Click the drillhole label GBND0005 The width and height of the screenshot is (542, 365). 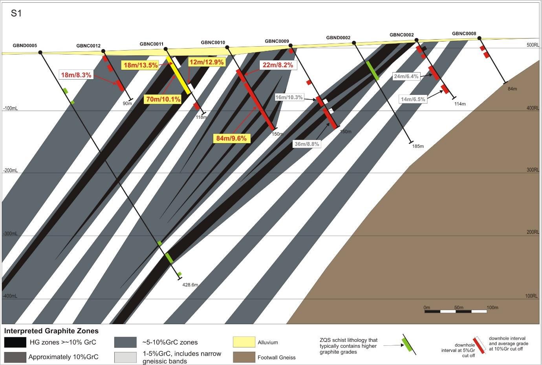(25, 45)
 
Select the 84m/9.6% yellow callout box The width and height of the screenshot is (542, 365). (232, 138)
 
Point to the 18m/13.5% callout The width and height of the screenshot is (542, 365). (141, 65)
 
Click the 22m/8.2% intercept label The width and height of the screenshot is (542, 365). (278, 65)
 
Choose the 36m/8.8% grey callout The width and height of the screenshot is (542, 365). (307, 144)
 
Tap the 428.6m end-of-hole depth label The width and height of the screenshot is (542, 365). (190, 285)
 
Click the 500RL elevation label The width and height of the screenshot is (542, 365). (533, 45)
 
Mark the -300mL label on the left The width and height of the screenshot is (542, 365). (10, 234)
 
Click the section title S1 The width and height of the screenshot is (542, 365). (16, 13)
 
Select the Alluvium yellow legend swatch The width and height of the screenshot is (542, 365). (244, 342)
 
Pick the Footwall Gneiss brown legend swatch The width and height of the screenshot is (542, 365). (244, 357)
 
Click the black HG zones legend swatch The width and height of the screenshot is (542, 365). (15, 342)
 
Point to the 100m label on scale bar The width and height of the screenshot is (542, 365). (492, 307)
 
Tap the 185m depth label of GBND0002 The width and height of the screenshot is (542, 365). (418, 146)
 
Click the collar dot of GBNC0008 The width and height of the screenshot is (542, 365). (479, 38)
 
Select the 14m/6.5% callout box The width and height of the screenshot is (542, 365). (412, 99)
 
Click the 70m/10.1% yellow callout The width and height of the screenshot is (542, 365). (163, 99)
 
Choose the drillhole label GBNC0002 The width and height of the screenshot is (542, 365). (401, 35)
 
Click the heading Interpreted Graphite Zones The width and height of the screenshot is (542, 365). (51, 331)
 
